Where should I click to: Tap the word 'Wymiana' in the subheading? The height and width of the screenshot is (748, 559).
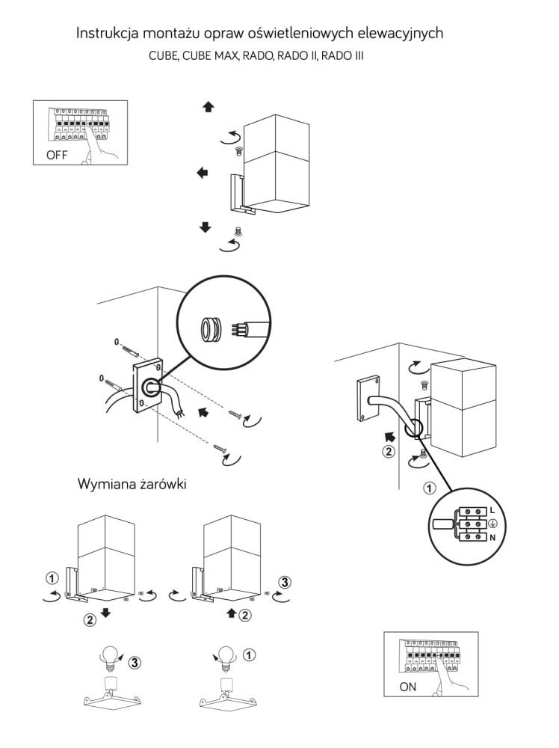coord(102,484)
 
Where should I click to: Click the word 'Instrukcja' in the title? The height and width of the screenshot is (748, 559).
coord(111,34)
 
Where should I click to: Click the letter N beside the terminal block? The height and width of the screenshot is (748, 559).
coord(492,536)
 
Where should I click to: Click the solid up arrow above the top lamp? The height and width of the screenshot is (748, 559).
coord(208,107)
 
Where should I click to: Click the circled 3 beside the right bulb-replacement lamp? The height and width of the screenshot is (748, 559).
coord(285,580)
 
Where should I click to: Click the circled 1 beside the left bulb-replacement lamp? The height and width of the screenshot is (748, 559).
coord(51,578)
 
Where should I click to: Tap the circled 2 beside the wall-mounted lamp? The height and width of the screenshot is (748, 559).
coord(387,453)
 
